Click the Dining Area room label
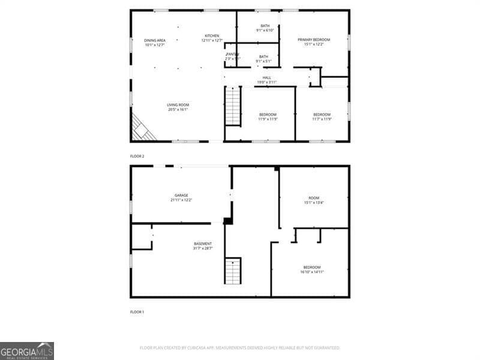154,42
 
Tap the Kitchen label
211,38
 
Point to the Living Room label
178,107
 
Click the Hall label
266,79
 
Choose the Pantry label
232,56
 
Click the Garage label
181,197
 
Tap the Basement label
202,245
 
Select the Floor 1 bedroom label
311,269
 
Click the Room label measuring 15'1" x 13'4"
314,200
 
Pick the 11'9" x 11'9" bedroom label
268,116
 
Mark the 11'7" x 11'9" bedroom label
322,116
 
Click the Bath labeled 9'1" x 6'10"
265,28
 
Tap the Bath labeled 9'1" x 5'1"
264,58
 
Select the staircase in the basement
233,271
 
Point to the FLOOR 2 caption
137,156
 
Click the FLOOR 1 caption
137,312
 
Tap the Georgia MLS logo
27,350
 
